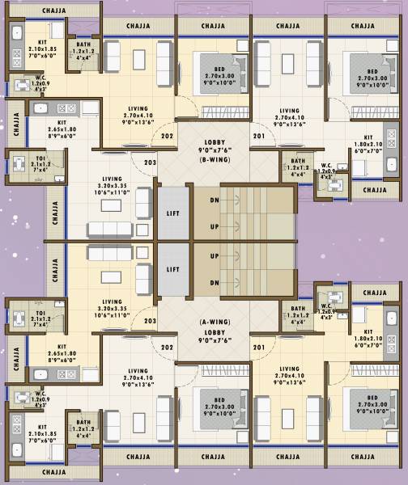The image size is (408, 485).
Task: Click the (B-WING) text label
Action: click(215, 160)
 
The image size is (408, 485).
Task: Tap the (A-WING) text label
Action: click(215, 321)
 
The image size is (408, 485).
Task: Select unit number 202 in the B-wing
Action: click(167, 137)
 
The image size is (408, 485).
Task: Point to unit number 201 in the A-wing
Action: click(258, 348)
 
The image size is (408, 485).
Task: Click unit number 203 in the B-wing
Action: click(150, 162)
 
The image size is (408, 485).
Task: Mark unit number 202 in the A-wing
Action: click(167, 348)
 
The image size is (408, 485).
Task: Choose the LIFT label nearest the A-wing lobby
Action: click(172, 269)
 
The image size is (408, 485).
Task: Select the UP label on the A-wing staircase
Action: click(215, 255)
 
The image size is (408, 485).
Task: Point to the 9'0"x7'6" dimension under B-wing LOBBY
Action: click(215, 150)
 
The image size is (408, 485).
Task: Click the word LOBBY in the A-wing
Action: click(215, 331)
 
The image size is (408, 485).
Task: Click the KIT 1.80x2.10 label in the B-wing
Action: click(367, 144)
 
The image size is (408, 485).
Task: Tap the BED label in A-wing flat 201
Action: click(372, 399)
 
